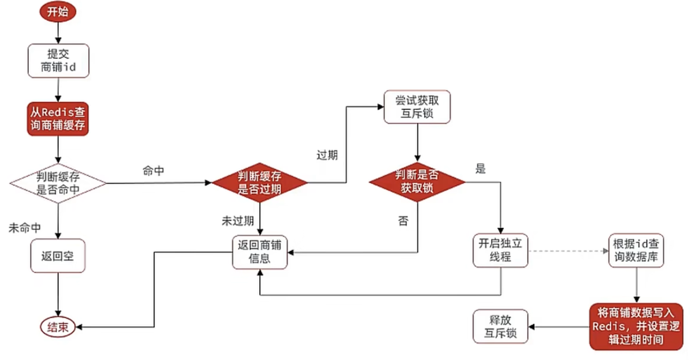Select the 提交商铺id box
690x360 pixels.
[57, 60]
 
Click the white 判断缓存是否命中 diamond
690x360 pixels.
[57, 183]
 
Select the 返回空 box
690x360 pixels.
[58, 255]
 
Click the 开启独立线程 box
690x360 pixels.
[499, 251]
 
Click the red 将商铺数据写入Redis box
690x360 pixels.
[636, 326]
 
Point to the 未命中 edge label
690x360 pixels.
[25, 228]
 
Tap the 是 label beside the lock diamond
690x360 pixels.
[480, 169]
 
